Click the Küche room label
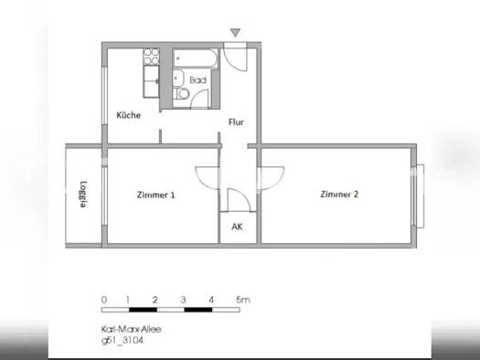pyautogui.click(x=127, y=115)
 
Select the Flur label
pyautogui.click(x=236, y=122)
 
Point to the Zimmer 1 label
pyautogui.click(x=155, y=195)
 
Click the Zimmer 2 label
pyautogui.click(x=339, y=194)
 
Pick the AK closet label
pyautogui.click(x=237, y=227)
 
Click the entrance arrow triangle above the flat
pyautogui.click(x=236, y=34)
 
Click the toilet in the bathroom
pyautogui.click(x=185, y=94)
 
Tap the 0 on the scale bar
pyautogui.click(x=104, y=299)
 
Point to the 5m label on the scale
pyautogui.click(x=242, y=299)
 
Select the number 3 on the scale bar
pyautogui.click(x=184, y=299)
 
